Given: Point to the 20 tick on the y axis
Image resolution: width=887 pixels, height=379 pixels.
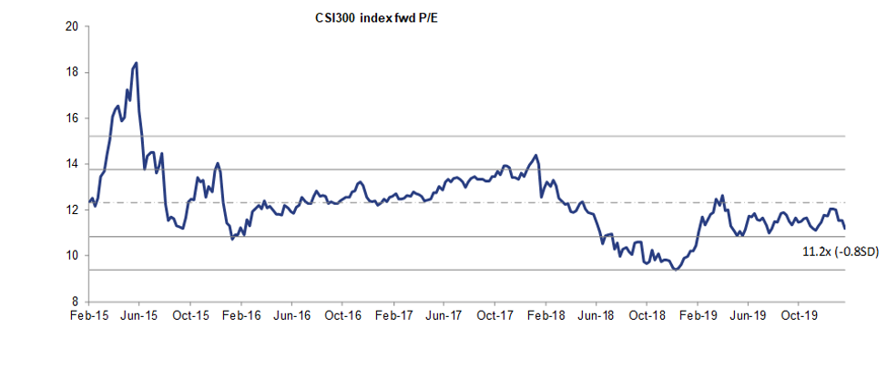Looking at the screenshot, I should tap(70, 26).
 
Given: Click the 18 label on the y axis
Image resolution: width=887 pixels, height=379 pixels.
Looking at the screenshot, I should tap(70, 72).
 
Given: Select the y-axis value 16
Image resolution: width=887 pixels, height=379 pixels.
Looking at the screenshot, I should tap(70, 118).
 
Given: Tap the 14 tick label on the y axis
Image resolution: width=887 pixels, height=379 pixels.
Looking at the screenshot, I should tap(70, 164).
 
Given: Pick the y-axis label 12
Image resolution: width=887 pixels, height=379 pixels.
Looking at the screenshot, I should tap(70, 210).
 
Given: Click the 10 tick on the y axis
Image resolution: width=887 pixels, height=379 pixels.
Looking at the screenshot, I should tap(70, 255).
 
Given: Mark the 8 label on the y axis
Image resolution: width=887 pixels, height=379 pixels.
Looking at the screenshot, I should tap(74, 302).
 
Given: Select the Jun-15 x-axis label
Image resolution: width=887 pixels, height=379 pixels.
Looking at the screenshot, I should tap(138, 315).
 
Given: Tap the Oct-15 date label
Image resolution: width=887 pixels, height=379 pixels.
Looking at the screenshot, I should tap(189, 315).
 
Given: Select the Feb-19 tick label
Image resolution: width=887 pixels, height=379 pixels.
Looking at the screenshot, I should tap(697, 315).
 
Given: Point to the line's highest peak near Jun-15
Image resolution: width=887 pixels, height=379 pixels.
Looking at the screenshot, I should tap(136, 63).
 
